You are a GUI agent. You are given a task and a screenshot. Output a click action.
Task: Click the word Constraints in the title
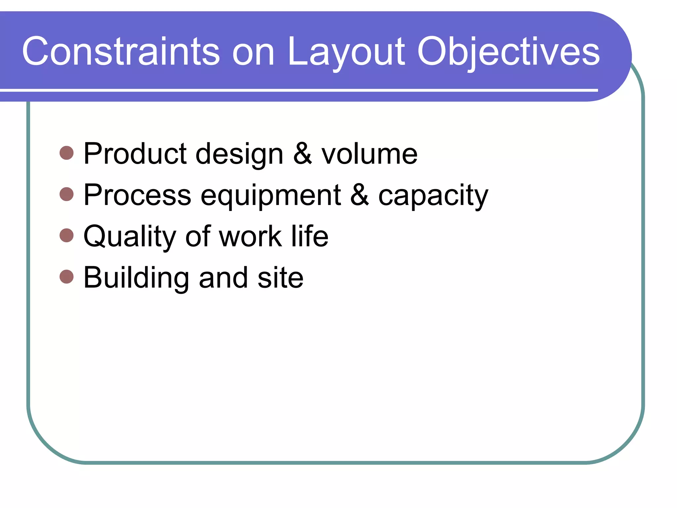pyautogui.click(x=121, y=52)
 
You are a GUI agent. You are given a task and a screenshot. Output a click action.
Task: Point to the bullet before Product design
pyautogui.click(x=67, y=153)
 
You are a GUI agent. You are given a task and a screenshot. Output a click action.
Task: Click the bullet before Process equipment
pyautogui.click(x=67, y=194)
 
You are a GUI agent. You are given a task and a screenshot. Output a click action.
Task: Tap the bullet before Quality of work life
pyautogui.click(x=67, y=235)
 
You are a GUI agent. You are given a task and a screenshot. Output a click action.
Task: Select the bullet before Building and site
pyautogui.click(x=67, y=277)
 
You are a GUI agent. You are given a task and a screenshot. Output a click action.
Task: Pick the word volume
pyautogui.click(x=370, y=154)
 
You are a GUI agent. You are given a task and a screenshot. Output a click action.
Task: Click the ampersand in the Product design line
pyautogui.click(x=303, y=153)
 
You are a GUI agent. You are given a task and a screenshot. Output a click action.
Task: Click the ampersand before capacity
pyautogui.click(x=360, y=195)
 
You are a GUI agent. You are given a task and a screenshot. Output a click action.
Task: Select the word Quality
pyautogui.click(x=130, y=237)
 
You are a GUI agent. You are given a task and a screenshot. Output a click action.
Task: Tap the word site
pyautogui.click(x=280, y=278)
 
